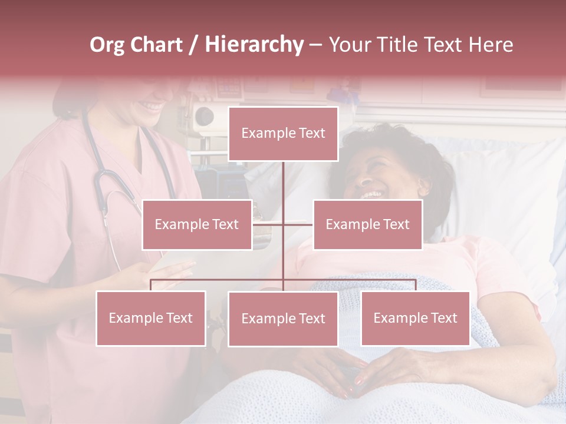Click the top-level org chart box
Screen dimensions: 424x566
(283, 134)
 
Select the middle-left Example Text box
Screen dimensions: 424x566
(197, 224)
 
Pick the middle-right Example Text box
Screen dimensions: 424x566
(367, 224)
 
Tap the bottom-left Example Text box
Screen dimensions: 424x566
(151, 318)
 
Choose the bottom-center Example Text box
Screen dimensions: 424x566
(283, 319)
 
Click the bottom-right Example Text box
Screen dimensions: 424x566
(415, 318)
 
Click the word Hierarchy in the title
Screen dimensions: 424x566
(254, 45)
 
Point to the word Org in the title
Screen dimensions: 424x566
(108, 45)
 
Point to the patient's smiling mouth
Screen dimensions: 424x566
(371, 193)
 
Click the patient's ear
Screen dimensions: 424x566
(423, 187)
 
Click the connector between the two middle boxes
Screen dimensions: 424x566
(283, 224)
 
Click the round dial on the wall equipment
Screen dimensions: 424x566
(204, 115)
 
